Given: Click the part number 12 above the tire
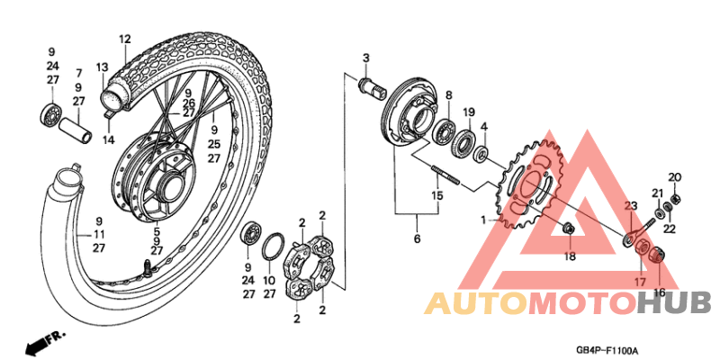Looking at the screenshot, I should (x=124, y=39).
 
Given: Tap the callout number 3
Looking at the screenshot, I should (x=366, y=58).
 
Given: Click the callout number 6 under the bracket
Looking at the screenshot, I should (x=417, y=239).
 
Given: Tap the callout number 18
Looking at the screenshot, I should (x=570, y=256).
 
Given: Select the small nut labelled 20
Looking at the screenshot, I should (x=677, y=199).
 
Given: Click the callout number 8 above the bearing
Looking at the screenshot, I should (x=447, y=95).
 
